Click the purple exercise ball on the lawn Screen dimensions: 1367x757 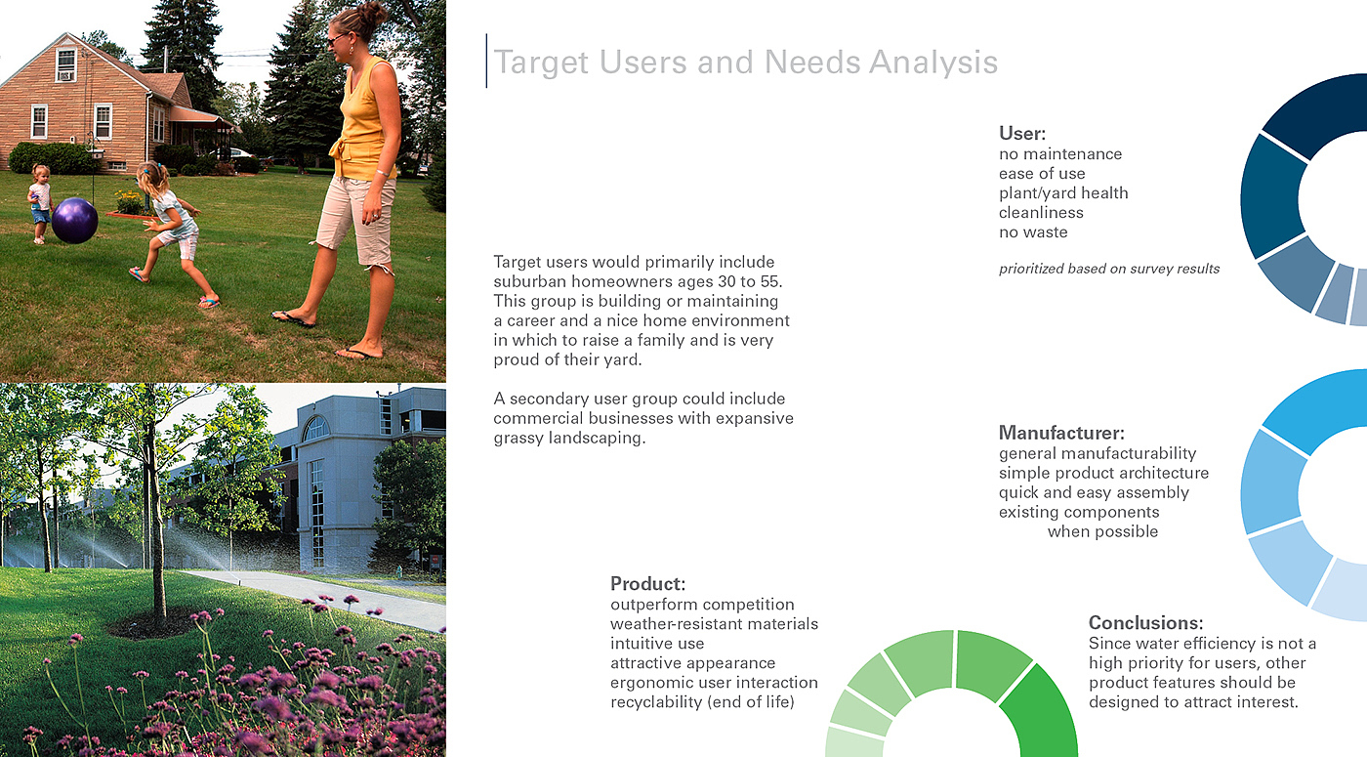(74, 221)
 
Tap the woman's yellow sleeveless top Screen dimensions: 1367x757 (362, 122)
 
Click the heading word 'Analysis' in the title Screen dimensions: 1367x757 (933, 63)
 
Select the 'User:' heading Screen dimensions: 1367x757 (1022, 133)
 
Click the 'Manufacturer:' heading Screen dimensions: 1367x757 (1061, 433)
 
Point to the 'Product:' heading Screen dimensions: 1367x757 (647, 584)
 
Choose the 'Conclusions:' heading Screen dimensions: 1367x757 (1145, 623)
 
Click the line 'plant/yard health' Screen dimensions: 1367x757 (1063, 193)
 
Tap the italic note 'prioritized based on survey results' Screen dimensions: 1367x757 (1109, 270)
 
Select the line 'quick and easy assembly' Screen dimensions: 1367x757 (1094, 492)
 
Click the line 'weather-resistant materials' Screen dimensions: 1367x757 (714, 624)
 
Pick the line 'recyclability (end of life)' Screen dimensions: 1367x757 (702, 702)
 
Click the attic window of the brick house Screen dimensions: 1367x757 (65, 65)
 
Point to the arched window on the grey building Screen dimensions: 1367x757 (315, 429)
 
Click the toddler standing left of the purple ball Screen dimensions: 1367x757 (40, 204)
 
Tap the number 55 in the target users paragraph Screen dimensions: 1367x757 (770, 281)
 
